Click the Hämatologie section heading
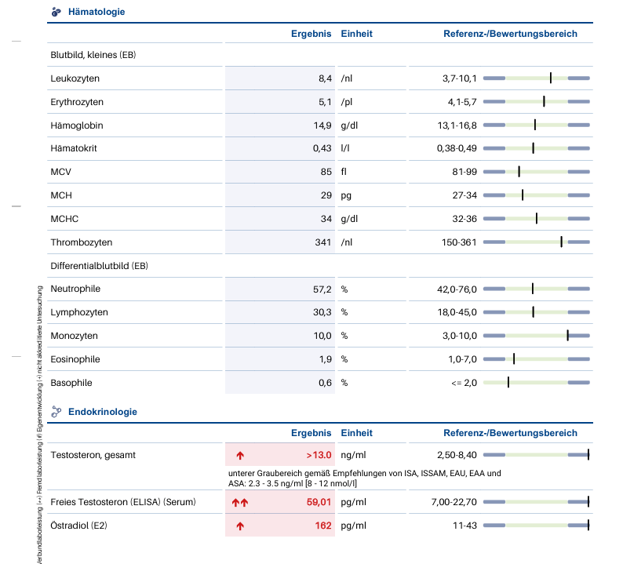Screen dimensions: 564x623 pos(97,12)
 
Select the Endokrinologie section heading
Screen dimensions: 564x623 pos(103,411)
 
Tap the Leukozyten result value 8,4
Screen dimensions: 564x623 pos(325,78)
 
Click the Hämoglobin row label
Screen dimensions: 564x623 pos(77,126)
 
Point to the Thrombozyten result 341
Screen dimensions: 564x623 pos(323,242)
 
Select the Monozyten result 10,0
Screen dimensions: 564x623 pos(322,336)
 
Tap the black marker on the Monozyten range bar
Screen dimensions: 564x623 pos(567,335)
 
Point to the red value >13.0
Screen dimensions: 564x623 pos(319,455)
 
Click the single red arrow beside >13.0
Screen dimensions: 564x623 pos(240,455)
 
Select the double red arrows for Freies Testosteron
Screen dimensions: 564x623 pos(240,502)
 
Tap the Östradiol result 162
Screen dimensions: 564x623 pos(323,526)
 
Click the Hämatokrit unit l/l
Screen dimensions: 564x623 pos(345,148)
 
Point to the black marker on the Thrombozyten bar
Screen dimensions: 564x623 pos(561,242)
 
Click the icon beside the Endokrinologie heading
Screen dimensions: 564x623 pos(56,411)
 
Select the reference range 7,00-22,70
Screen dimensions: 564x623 pos(454,502)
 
